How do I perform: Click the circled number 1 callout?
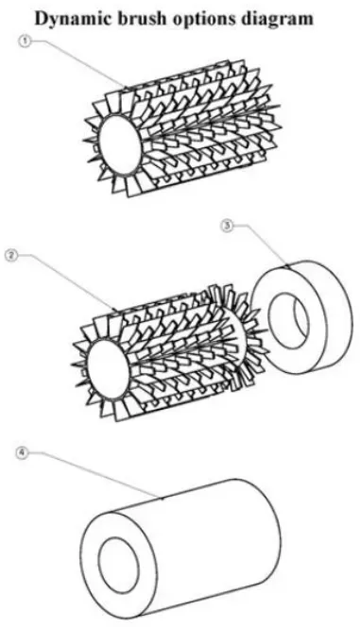click(25, 42)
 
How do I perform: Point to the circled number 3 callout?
click(227, 226)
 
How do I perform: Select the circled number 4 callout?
click(23, 454)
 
